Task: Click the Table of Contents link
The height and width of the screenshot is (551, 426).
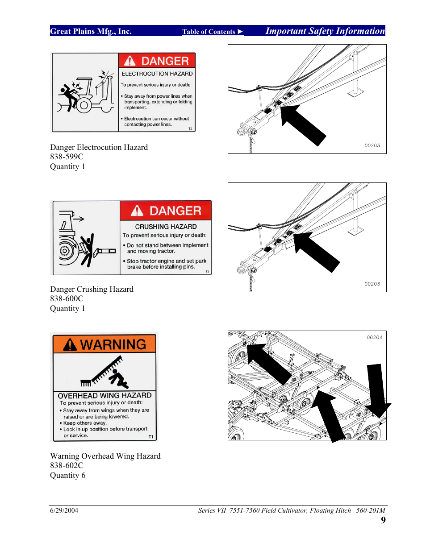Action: tap(212, 32)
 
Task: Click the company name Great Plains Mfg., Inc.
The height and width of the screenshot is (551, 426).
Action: tap(91, 31)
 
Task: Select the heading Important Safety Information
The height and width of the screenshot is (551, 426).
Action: tap(325, 31)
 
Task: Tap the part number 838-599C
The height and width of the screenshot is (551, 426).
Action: tap(67, 157)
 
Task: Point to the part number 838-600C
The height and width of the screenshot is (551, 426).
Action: tap(67, 298)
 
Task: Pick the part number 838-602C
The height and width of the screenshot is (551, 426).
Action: tap(67, 465)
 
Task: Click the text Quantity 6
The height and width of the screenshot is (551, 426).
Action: tap(67, 475)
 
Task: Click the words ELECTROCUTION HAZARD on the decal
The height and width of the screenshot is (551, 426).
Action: tap(157, 74)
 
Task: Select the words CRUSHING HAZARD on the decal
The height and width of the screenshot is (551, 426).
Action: tap(166, 227)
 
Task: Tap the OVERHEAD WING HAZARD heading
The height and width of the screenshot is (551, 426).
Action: tap(104, 395)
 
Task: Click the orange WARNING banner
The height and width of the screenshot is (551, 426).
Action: tap(104, 344)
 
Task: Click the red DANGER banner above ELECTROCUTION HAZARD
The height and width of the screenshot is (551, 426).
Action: tap(157, 61)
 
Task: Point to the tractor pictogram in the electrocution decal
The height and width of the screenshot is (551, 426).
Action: tap(85, 92)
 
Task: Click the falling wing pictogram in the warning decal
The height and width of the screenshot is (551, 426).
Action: tap(104, 372)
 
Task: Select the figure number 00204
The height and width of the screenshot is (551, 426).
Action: tap(374, 337)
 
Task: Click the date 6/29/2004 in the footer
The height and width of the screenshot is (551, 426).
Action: tap(64, 510)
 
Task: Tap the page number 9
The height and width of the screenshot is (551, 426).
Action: tap(383, 520)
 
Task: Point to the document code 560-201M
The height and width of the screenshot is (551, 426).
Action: tap(371, 510)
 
